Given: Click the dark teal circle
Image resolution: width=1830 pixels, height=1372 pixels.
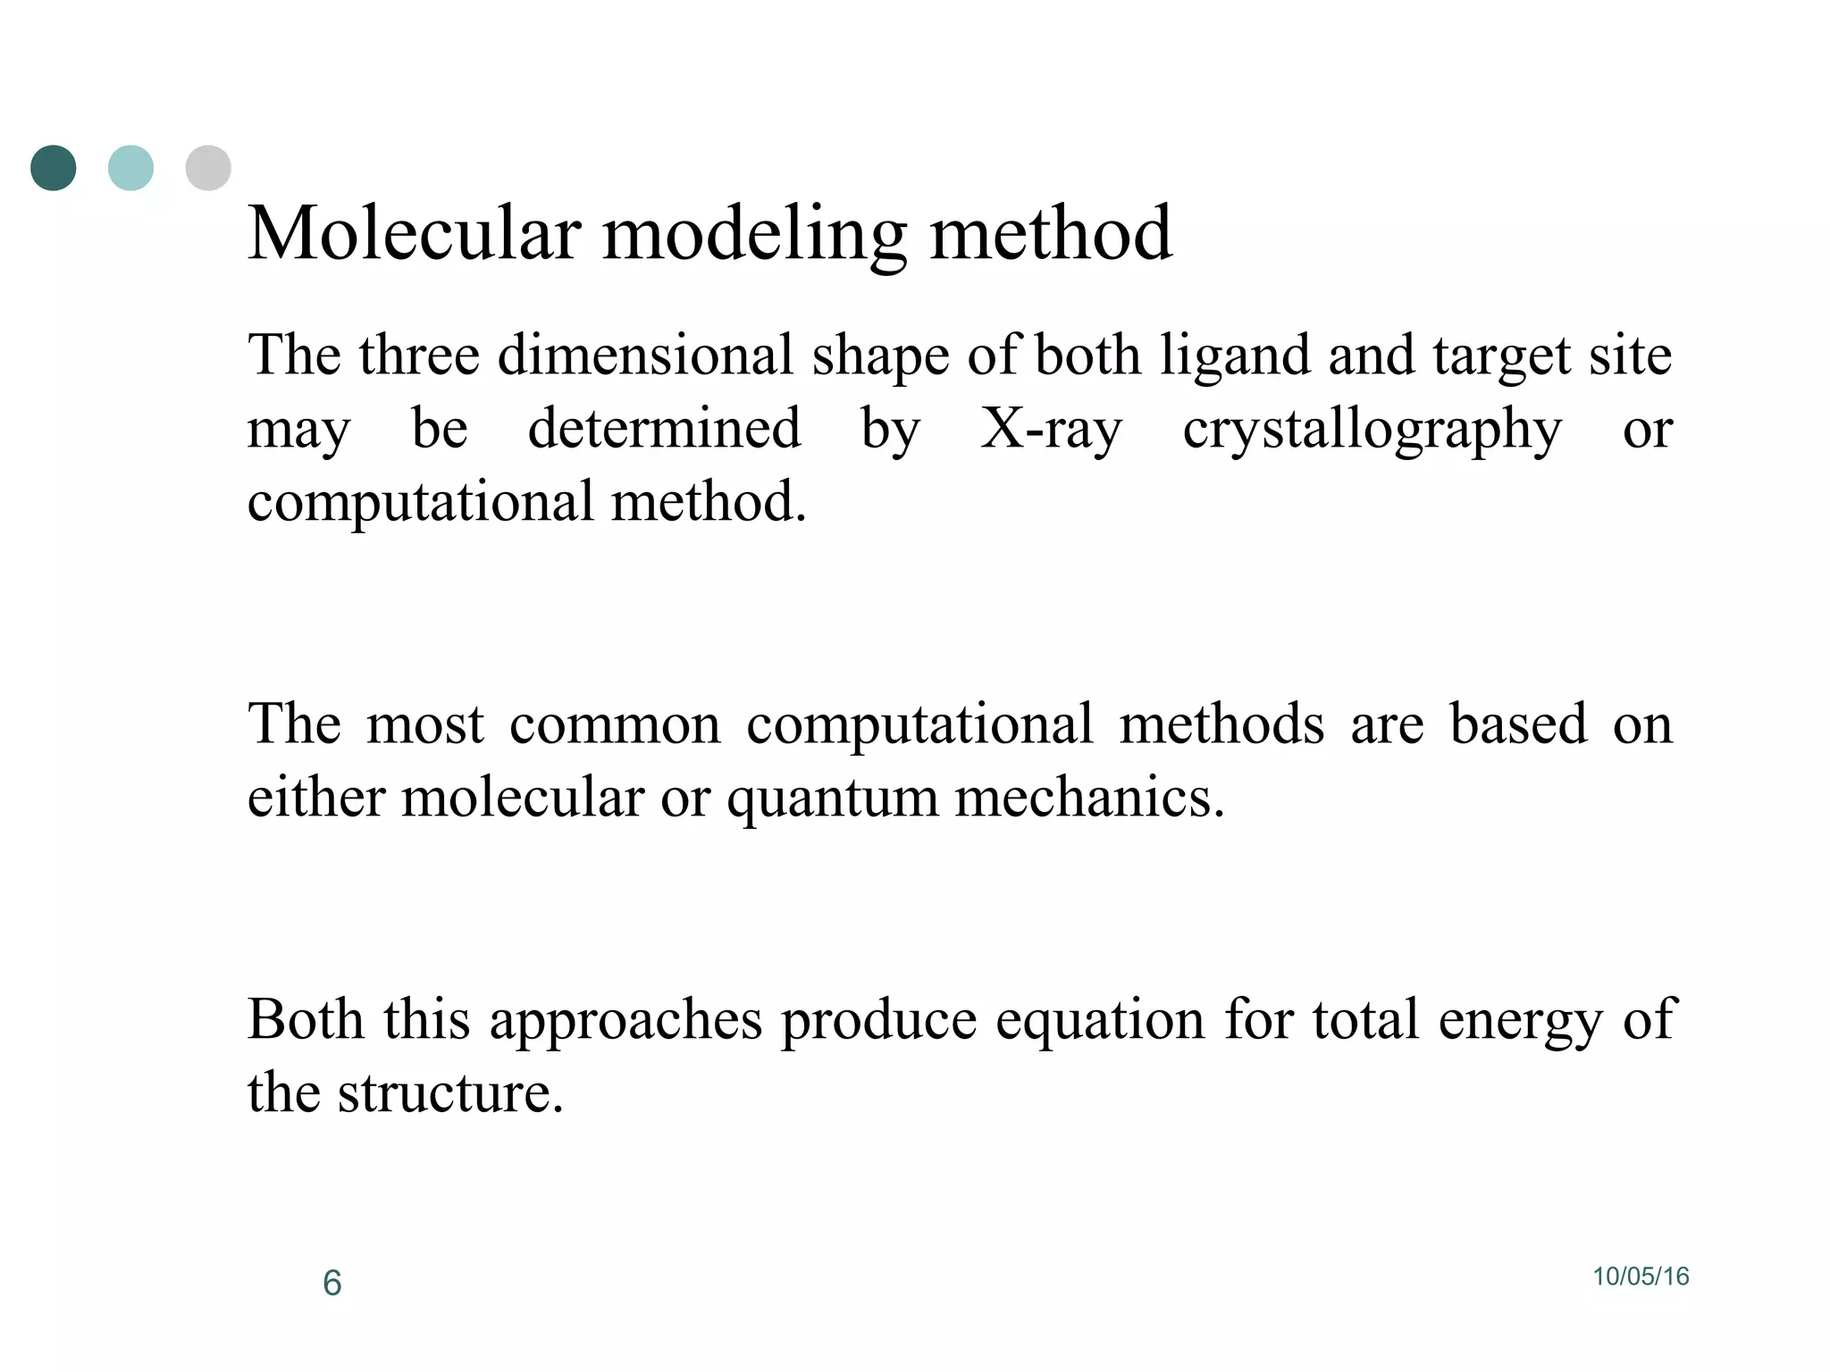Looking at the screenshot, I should point(54,168).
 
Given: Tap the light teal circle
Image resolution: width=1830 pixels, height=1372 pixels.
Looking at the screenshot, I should point(130,168).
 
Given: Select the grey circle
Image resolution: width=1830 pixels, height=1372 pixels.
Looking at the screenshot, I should point(208,168).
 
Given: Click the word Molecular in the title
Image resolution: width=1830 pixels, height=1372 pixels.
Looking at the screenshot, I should point(415,233).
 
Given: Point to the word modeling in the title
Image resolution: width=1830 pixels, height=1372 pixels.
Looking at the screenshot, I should point(754,235).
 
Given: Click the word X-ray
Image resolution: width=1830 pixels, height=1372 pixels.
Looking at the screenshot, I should point(1051,429).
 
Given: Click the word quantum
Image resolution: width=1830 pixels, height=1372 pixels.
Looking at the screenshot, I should point(832,798).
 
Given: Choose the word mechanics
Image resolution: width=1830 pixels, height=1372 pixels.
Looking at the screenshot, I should point(1089,796).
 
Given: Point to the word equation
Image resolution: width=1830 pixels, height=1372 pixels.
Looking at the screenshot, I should point(1100,1019).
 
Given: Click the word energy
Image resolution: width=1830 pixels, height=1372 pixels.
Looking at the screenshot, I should point(1520,1021).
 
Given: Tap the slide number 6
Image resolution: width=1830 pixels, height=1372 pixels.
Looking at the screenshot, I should point(332,1283).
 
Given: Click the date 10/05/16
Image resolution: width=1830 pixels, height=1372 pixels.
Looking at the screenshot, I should point(1641,1276).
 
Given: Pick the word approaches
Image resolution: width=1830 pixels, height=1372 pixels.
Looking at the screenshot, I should point(625,1021).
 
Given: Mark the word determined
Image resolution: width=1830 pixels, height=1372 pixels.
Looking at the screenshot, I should point(664,428).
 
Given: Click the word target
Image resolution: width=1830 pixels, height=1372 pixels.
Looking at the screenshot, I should point(1502,356).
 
